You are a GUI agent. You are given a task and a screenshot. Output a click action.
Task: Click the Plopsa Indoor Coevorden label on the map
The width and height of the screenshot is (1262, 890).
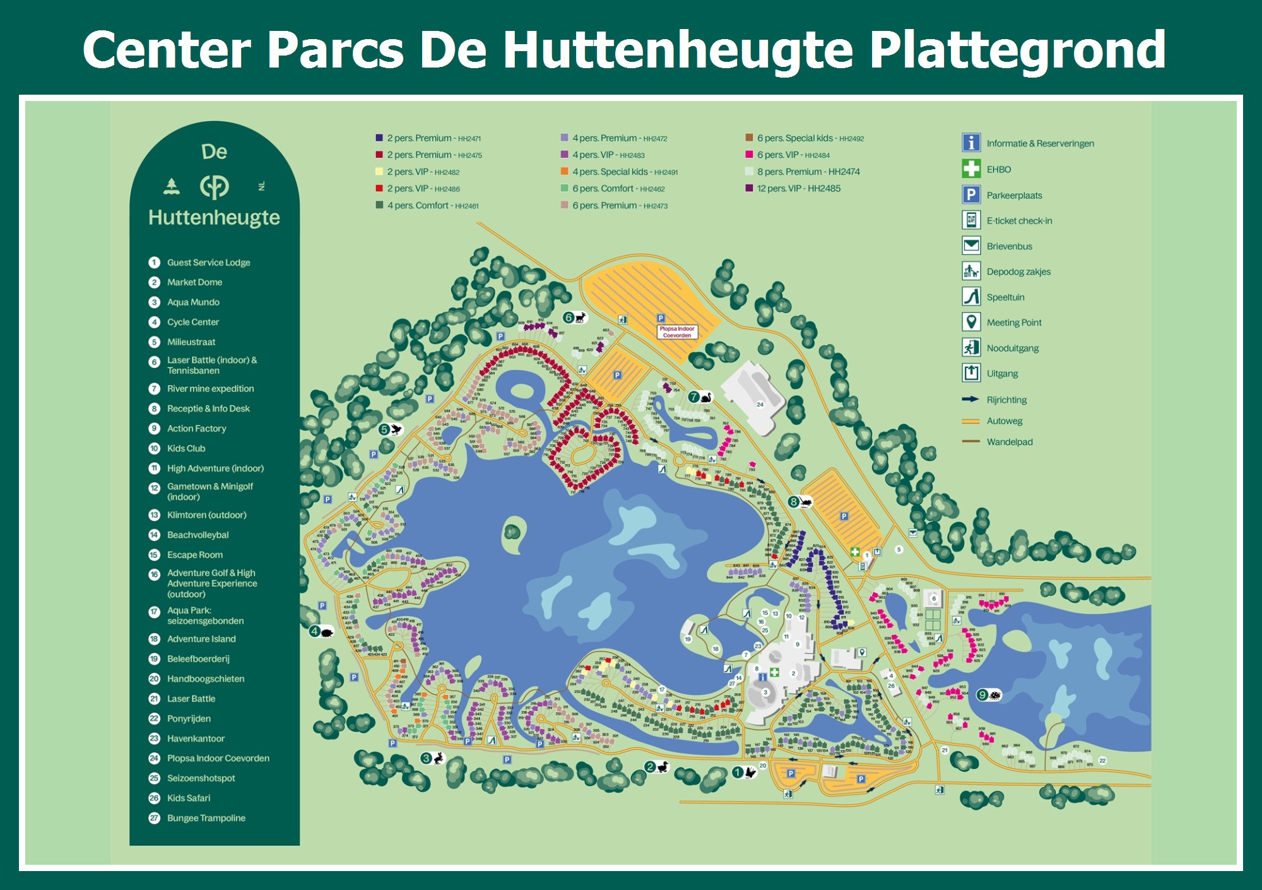(x=677, y=332)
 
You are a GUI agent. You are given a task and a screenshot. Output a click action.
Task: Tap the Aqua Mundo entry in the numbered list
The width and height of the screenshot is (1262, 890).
(x=193, y=302)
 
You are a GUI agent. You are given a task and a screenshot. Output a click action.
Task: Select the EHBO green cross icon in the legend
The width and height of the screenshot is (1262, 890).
(x=971, y=169)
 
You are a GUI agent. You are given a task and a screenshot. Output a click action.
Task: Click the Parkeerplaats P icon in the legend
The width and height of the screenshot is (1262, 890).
(x=971, y=194)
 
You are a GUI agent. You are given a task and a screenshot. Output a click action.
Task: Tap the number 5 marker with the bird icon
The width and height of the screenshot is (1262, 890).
(x=391, y=430)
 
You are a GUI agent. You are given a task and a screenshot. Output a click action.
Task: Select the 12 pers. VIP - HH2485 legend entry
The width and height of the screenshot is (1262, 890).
(x=798, y=189)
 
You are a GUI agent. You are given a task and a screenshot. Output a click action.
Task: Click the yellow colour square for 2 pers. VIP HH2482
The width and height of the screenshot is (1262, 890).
(x=379, y=172)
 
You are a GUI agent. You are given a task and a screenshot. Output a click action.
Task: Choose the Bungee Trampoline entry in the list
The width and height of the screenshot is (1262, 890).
(x=206, y=818)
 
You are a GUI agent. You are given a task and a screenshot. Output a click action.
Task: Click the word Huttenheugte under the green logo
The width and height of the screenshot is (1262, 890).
(x=214, y=218)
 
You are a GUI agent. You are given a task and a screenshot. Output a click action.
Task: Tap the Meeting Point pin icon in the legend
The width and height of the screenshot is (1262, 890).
(x=971, y=322)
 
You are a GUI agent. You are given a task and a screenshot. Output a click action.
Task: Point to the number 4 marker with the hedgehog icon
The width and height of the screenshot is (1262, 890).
(x=321, y=631)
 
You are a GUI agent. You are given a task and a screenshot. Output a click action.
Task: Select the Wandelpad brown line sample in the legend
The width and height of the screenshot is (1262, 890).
(x=970, y=442)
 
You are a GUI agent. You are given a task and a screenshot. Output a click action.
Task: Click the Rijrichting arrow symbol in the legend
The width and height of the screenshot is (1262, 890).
(x=970, y=400)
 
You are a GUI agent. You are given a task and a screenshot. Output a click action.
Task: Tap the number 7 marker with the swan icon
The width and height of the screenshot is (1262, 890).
(x=700, y=397)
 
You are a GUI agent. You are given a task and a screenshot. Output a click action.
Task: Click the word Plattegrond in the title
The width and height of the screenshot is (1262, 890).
(x=1017, y=50)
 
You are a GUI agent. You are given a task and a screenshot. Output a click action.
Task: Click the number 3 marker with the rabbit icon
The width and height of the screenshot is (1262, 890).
(x=433, y=758)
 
